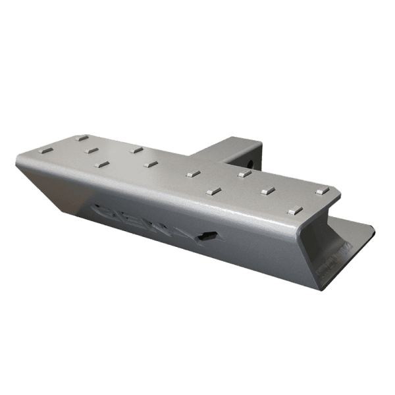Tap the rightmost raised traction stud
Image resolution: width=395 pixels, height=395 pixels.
(x=322, y=191)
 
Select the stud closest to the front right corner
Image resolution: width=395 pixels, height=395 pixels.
(x=295, y=211)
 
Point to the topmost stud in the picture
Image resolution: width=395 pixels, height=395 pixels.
(x=82, y=138)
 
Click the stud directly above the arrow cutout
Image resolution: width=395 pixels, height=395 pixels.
(x=213, y=192)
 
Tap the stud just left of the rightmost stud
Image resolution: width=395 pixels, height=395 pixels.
(x=267, y=191)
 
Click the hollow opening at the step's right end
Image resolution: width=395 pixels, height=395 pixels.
(x=323, y=224)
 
